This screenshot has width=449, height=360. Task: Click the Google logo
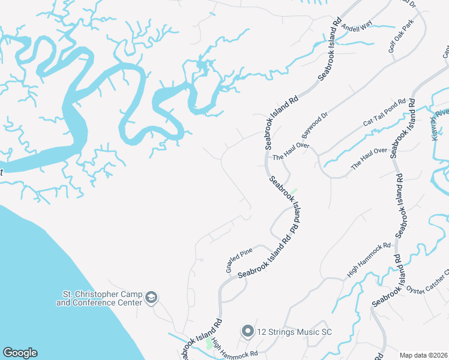(x=20, y=353)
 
